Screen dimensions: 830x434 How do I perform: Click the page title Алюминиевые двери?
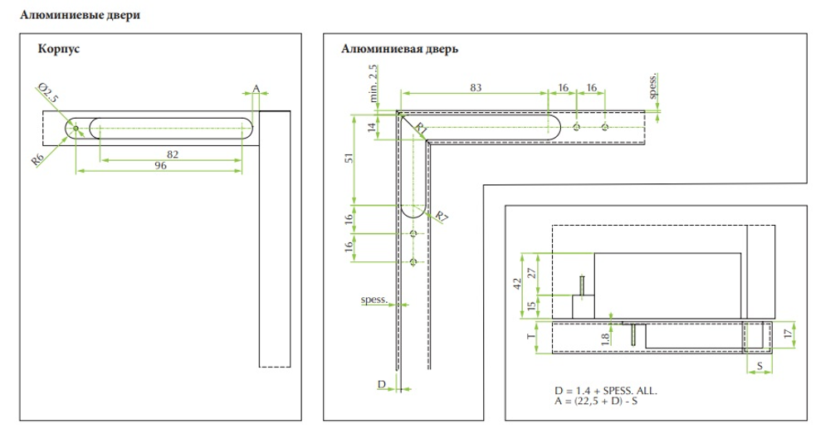pyautogui.click(x=80, y=15)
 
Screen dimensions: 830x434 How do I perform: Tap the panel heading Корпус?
pyautogui.click(x=59, y=49)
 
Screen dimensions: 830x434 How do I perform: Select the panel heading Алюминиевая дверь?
pyautogui.click(x=400, y=49)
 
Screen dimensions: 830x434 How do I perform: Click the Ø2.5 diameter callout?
pyautogui.click(x=49, y=93)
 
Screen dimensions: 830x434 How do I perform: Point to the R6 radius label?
pyautogui.click(x=37, y=158)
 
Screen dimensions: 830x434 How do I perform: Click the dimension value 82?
pyautogui.click(x=173, y=154)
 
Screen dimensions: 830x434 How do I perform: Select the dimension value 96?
pyautogui.click(x=160, y=166)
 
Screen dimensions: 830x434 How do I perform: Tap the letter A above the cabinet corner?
pyautogui.click(x=256, y=89)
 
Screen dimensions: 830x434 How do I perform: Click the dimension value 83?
pyautogui.click(x=476, y=88)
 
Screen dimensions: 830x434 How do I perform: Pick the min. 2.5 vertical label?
pyautogui.click(x=373, y=83)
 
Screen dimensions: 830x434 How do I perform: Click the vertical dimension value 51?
pyautogui.click(x=349, y=158)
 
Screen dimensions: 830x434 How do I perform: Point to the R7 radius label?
pyautogui.click(x=442, y=216)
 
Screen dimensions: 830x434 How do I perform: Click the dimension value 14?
pyautogui.click(x=372, y=127)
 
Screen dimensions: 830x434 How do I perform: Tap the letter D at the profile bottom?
pyautogui.click(x=382, y=384)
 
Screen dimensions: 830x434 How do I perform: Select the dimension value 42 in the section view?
pyautogui.click(x=518, y=284)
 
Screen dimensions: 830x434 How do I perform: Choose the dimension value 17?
pyautogui.click(x=788, y=334)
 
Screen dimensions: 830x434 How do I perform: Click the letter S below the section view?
pyautogui.click(x=759, y=366)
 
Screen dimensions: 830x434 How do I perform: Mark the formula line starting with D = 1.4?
pyautogui.click(x=606, y=391)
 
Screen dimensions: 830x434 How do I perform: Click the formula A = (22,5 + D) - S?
pyautogui.click(x=596, y=401)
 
